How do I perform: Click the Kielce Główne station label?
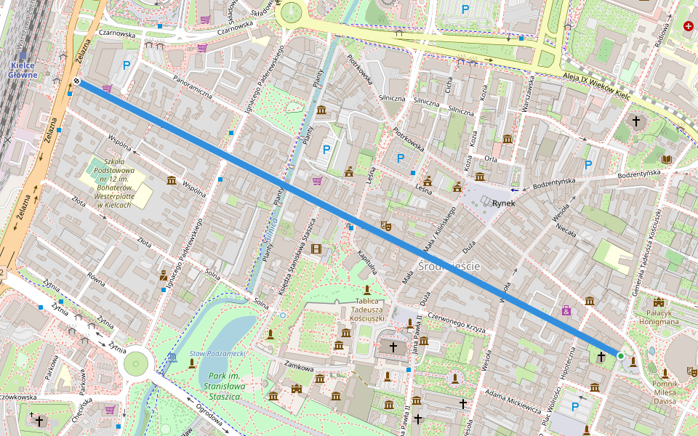[23, 69]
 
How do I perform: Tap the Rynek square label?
[503, 203]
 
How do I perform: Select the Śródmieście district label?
[449, 267]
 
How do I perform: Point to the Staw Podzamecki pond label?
[216, 353]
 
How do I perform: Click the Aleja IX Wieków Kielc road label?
[597, 85]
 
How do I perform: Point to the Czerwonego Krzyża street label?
[457, 322]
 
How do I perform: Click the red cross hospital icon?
[688, 26]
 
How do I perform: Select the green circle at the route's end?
[620, 355]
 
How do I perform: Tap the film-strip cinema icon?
[316, 249]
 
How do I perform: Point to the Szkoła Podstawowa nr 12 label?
[113, 182]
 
